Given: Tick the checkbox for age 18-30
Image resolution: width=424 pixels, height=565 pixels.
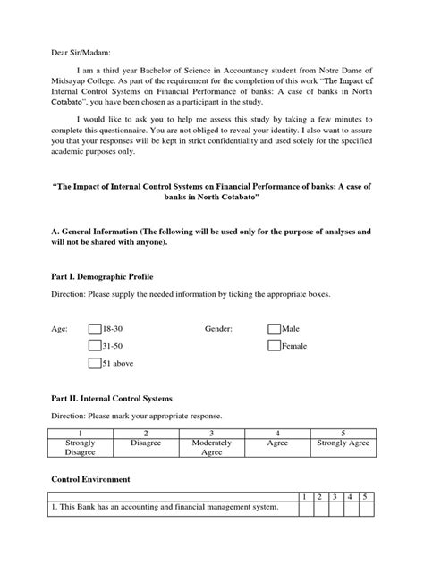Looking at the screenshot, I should [95, 329].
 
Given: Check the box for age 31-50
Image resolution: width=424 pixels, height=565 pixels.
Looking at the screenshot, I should [95, 345].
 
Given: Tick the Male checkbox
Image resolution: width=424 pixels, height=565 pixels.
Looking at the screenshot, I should [274, 329].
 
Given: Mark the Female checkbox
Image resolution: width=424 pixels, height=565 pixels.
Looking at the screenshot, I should [274, 345].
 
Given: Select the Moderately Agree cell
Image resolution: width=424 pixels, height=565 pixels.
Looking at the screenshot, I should [211, 447].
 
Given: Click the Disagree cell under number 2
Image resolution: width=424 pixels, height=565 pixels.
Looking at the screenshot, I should [145, 442].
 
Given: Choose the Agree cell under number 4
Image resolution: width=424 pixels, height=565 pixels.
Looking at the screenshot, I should [277, 442].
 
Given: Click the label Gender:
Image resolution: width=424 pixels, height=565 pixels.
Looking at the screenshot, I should [218, 329].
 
